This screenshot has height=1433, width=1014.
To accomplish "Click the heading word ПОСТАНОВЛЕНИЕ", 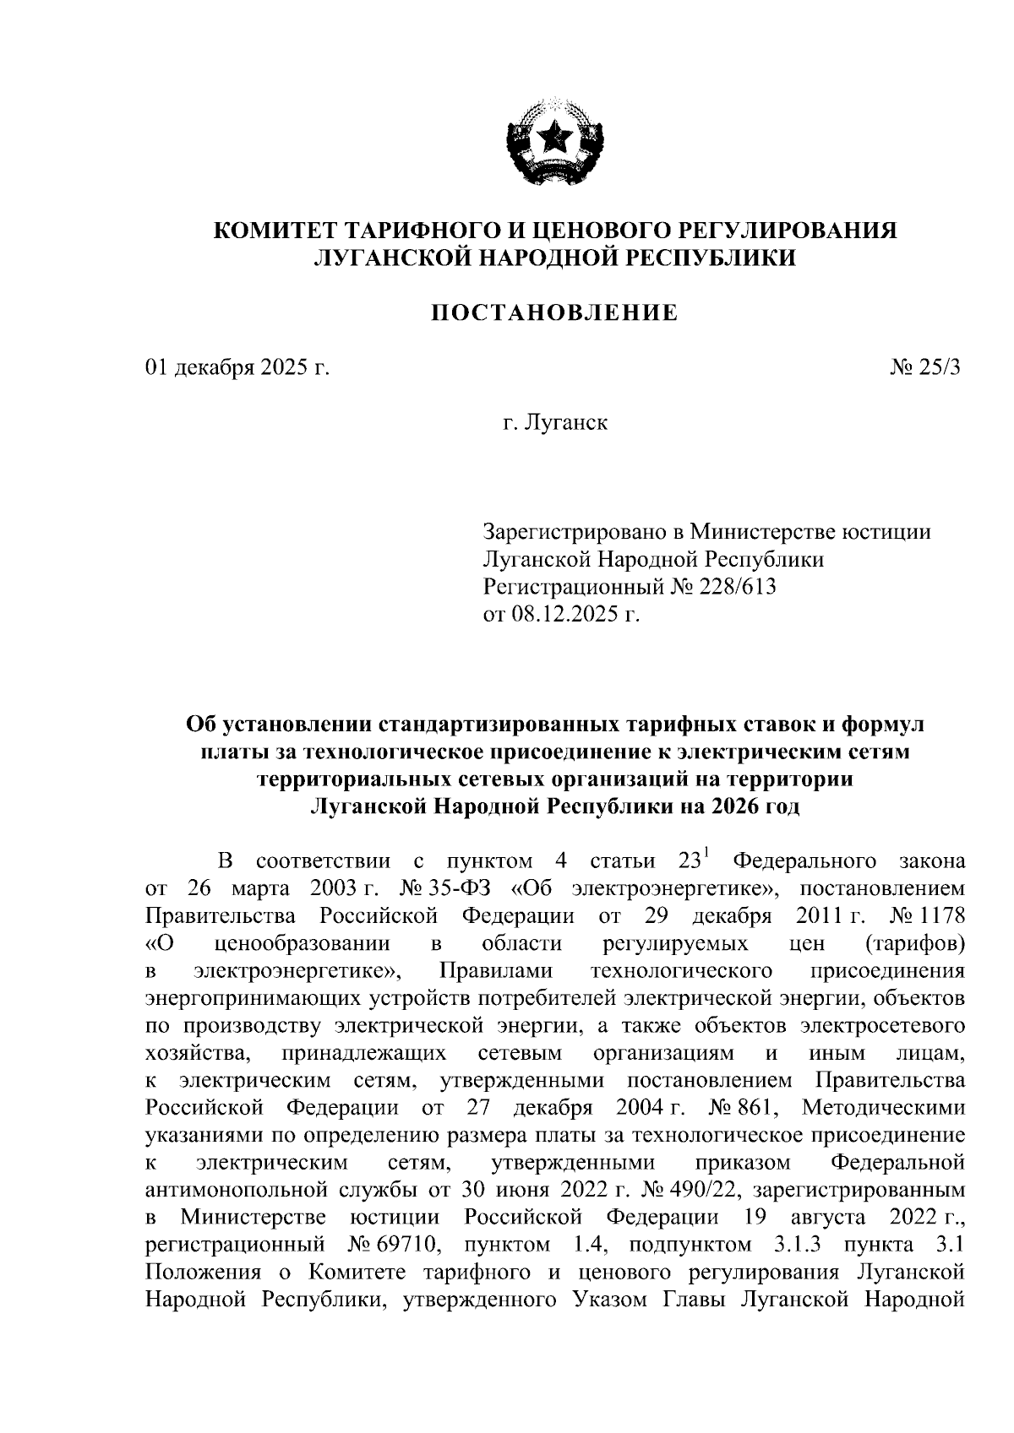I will (555, 313).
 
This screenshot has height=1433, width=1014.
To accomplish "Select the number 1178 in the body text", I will (941, 916).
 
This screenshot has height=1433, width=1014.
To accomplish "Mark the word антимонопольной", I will (230, 1189).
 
